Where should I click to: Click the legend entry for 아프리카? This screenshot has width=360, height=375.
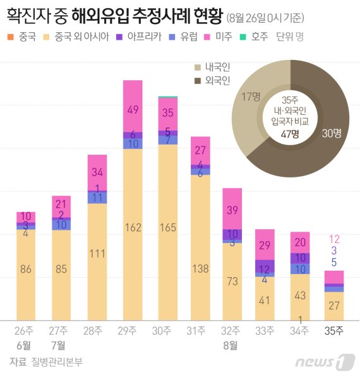tap(150, 36)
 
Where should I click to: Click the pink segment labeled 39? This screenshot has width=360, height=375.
tap(232, 210)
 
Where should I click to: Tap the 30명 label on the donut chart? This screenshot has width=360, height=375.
tap(332, 133)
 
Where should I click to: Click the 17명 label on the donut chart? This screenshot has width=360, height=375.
tap(251, 96)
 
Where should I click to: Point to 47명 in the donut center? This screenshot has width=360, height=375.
tap(290, 133)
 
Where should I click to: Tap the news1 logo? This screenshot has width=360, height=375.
tap(324, 362)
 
